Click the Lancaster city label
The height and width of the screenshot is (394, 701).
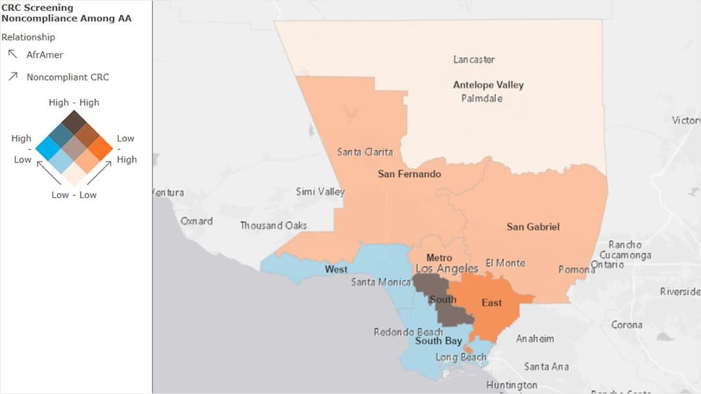pos(474,60)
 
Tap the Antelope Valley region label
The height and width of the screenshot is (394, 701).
pos(488,85)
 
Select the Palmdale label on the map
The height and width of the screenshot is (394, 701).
pos(482,99)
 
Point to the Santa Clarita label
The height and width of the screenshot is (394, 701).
pos(365,152)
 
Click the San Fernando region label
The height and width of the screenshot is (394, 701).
pos(409,174)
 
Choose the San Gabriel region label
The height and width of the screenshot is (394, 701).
pos(532,227)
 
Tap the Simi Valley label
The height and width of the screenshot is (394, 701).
pos(320,192)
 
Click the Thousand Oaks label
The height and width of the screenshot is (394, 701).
pos(273,225)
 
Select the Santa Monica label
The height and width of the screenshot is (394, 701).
pos(380,282)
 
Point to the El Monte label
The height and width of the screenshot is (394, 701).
pos(505,263)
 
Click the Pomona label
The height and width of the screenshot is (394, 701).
pos(576,269)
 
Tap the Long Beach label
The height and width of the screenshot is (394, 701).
pos(460,357)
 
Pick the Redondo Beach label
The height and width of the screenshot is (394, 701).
pos(408,332)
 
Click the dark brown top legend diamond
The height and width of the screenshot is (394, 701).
pos(74,121)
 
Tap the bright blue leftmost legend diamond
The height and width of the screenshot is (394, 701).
pos(47,148)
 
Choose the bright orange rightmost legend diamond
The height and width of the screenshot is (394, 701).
pos(101,148)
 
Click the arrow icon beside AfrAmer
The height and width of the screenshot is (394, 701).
pos(12,55)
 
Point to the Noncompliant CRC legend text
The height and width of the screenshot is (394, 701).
pos(68,77)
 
